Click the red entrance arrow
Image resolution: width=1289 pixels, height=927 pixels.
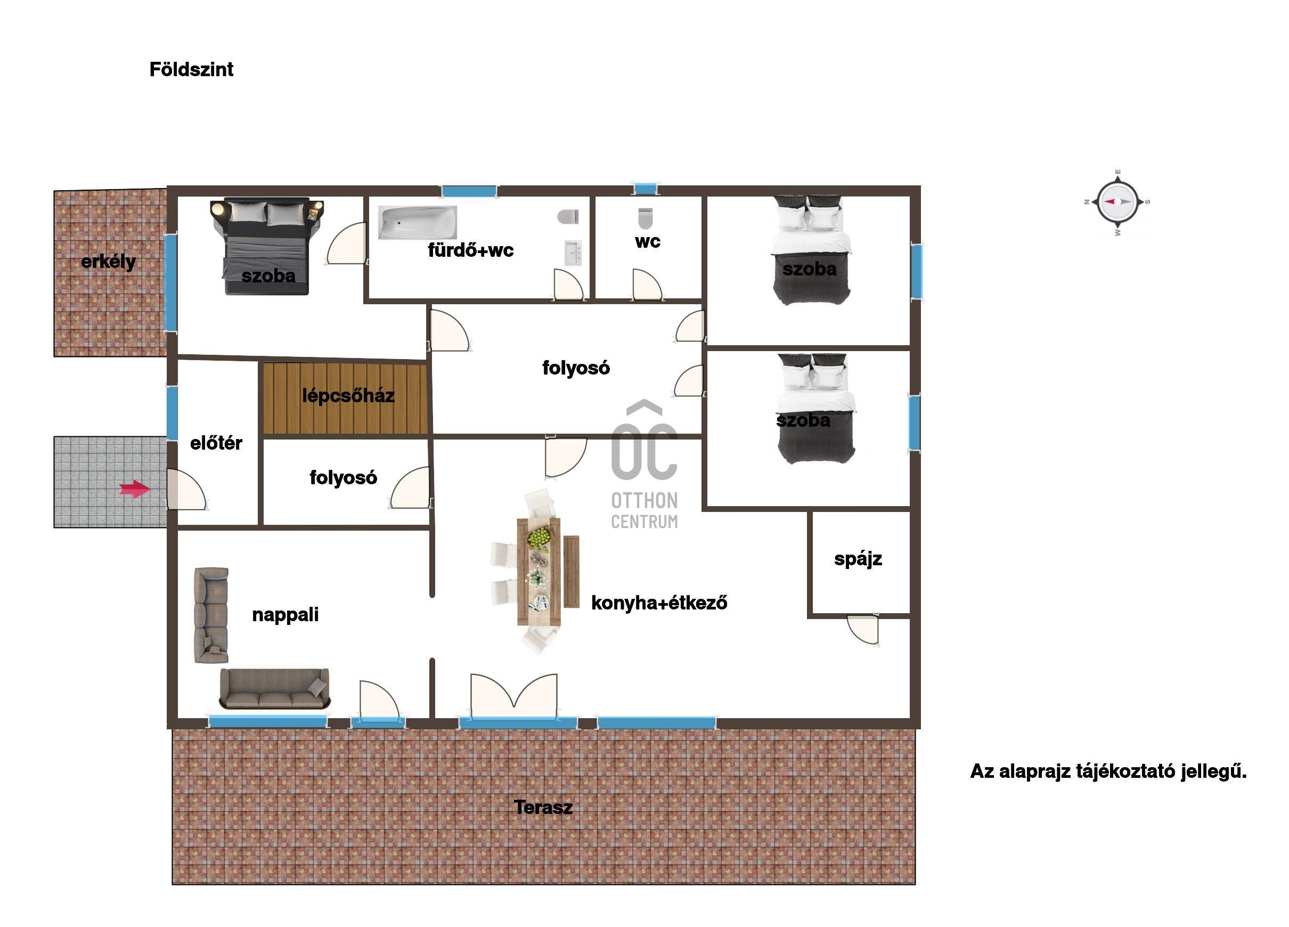click(x=135, y=489)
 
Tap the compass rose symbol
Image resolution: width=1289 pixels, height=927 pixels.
click(x=1117, y=202)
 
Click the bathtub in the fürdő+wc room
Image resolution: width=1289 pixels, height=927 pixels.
click(x=418, y=222)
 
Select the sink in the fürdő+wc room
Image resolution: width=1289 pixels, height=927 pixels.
click(x=573, y=253)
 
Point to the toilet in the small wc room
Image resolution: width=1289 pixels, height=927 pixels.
click(x=645, y=218)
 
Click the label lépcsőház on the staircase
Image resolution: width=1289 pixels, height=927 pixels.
click(x=348, y=396)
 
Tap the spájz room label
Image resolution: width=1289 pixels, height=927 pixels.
click(x=858, y=559)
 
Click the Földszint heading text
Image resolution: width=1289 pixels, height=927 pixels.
click(x=191, y=69)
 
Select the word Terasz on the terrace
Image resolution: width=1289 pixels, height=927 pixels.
click(x=543, y=807)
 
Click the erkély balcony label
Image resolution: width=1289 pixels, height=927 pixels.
click(x=109, y=262)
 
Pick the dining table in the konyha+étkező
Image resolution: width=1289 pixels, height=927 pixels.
click(x=538, y=572)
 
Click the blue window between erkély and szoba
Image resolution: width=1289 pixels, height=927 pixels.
click(x=170, y=282)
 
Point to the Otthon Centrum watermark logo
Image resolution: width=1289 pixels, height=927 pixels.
click(x=644, y=465)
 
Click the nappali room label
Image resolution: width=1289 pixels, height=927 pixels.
click(x=285, y=615)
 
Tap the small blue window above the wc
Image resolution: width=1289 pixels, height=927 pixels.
click(x=646, y=189)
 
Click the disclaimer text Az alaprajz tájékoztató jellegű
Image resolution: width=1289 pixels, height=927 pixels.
click(x=1108, y=771)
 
